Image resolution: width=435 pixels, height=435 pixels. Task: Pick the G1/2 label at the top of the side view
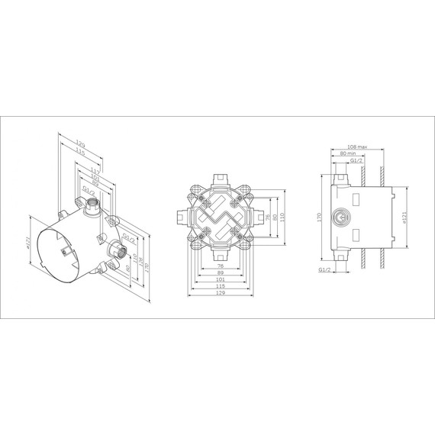tap(356, 161)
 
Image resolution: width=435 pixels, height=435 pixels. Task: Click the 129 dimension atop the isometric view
tap(80, 143)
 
